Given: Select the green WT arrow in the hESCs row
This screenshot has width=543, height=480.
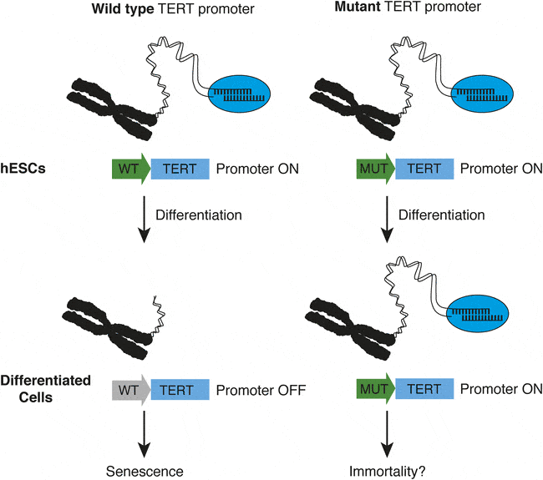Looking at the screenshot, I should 130,169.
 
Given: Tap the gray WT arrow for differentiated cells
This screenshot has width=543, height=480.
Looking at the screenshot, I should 130,389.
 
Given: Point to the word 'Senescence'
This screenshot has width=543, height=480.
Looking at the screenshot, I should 144,471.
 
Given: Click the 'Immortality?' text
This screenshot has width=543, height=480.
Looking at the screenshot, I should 386,471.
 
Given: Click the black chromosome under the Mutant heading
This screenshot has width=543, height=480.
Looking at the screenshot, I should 355,106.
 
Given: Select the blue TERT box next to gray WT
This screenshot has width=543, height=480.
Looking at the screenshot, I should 179,389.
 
